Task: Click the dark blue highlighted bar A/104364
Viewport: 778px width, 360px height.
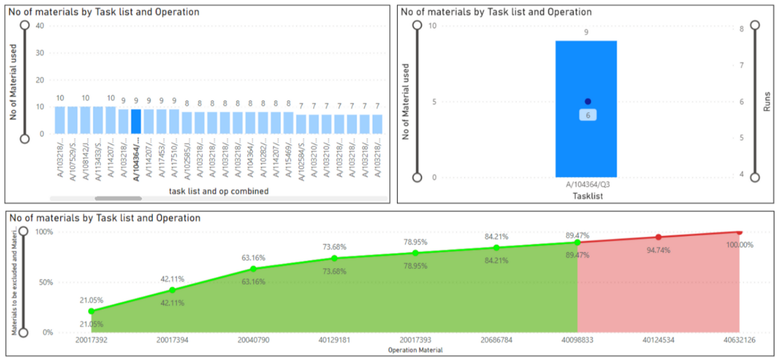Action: (136, 121)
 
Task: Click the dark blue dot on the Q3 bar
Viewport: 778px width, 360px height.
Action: (588, 102)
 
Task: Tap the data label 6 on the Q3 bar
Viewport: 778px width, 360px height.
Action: (588, 115)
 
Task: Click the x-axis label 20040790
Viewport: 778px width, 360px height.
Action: (253, 340)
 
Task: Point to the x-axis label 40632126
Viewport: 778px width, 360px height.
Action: (739, 340)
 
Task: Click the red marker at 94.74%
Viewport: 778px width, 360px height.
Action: (658, 237)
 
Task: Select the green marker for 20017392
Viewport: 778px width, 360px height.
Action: (91, 311)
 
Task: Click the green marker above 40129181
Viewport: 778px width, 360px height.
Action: (334, 258)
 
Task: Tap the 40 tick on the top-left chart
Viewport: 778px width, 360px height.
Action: (40, 26)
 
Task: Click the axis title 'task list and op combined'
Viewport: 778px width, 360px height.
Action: (218, 191)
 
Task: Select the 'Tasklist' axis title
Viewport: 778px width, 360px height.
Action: (588, 196)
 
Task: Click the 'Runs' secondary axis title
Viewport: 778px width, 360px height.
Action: (766, 102)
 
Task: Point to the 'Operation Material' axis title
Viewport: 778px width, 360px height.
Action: (415, 350)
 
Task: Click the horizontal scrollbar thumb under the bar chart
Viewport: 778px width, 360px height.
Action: (118, 198)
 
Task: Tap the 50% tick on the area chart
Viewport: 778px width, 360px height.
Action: (46, 282)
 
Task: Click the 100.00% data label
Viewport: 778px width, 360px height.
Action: (739, 245)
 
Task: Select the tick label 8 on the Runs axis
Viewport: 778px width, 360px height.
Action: (742, 29)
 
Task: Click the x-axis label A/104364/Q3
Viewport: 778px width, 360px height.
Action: (588, 185)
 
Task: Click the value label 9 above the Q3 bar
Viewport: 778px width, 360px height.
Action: (586, 32)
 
